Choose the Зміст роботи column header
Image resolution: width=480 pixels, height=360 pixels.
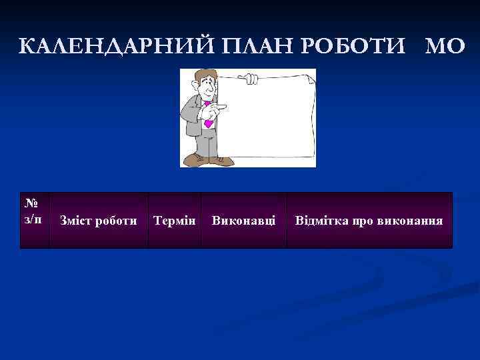(99, 220)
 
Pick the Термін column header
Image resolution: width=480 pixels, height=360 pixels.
(174, 220)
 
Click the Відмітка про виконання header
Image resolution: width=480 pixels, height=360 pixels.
(369, 220)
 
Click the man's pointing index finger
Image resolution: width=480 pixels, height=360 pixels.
(223, 105)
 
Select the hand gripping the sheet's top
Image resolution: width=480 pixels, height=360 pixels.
(250, 79)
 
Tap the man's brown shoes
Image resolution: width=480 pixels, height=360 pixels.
(207, 159)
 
